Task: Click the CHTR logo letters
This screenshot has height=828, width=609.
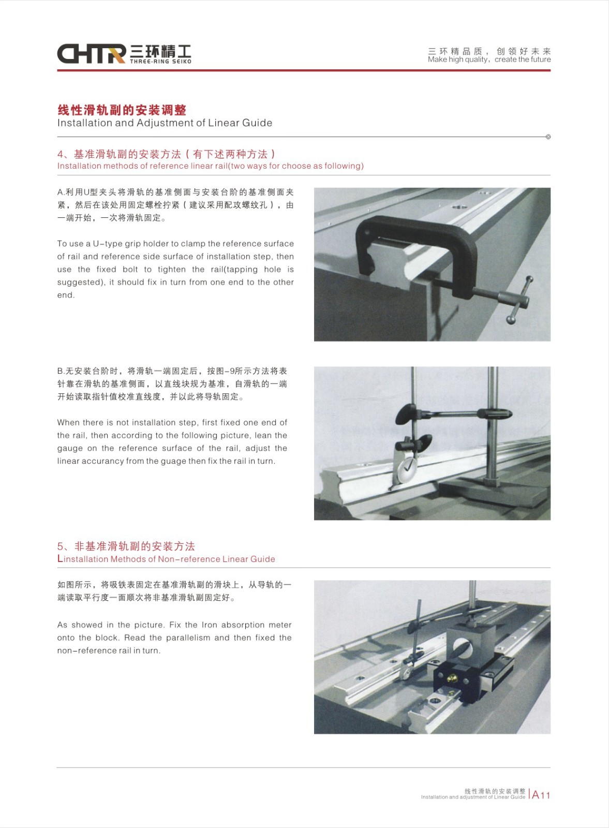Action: [x=91, y=54]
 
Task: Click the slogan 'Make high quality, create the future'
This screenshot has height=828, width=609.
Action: [x=489, y=60]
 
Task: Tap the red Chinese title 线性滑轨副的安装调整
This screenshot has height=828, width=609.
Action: [x=122, y=110]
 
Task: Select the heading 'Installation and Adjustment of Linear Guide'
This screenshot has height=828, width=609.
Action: [x=165, y=123]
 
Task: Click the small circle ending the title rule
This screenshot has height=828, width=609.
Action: [x=548, y=137]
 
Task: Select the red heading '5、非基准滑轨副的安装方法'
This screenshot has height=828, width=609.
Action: [x=126, y=546]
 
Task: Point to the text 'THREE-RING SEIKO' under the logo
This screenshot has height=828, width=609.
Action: [x=161, y=62]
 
